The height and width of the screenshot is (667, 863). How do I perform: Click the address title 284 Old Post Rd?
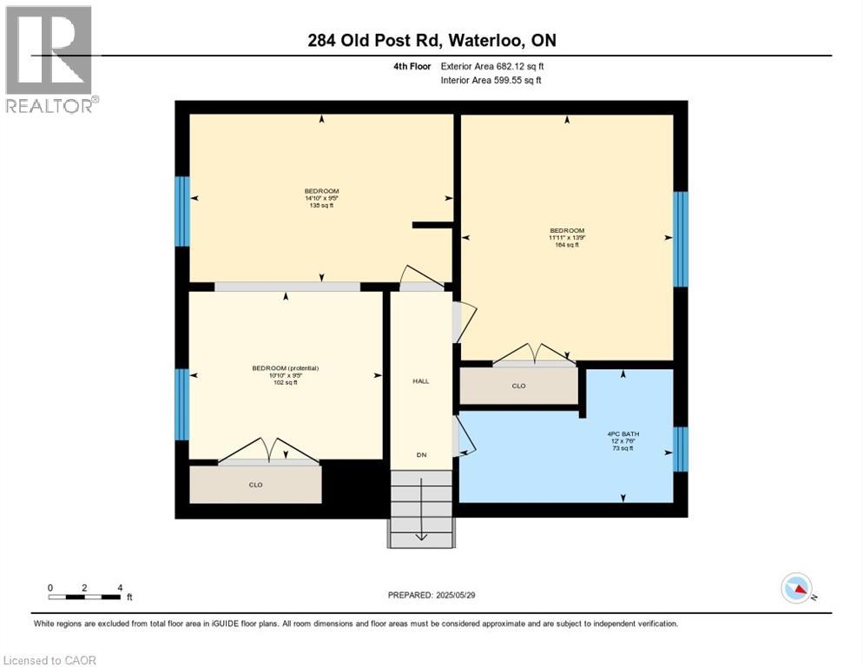[x=431, y=41]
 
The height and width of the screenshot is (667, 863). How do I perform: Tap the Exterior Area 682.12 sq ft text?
[x=492, y=66]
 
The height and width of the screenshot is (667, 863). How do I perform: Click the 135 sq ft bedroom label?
[x=321, y=198]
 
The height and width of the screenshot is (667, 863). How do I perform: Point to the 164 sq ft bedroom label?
[x=566, y=238]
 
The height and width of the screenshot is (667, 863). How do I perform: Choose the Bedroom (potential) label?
[x=286, y=375]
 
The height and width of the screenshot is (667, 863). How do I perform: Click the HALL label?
[x=420, y=381]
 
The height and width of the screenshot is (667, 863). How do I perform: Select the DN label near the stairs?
[x=420, y=455]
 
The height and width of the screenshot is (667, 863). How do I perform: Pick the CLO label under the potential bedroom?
[x=255, y=485]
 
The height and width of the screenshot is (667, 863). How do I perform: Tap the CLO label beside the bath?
[x=518, y=386]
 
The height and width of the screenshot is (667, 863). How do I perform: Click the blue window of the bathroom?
[x=681, y=449]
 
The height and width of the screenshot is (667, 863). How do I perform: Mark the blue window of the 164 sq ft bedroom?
[x=681, y=239]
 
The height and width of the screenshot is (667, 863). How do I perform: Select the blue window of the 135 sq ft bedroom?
[x=181, y=211]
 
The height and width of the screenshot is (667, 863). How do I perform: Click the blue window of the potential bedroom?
[x=181, y=404]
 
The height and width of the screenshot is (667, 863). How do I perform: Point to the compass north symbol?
[x=797, y=588]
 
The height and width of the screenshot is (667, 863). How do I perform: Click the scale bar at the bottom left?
[x=85, y=597]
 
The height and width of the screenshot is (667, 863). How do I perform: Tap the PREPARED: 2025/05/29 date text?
[x=431, y=595]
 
